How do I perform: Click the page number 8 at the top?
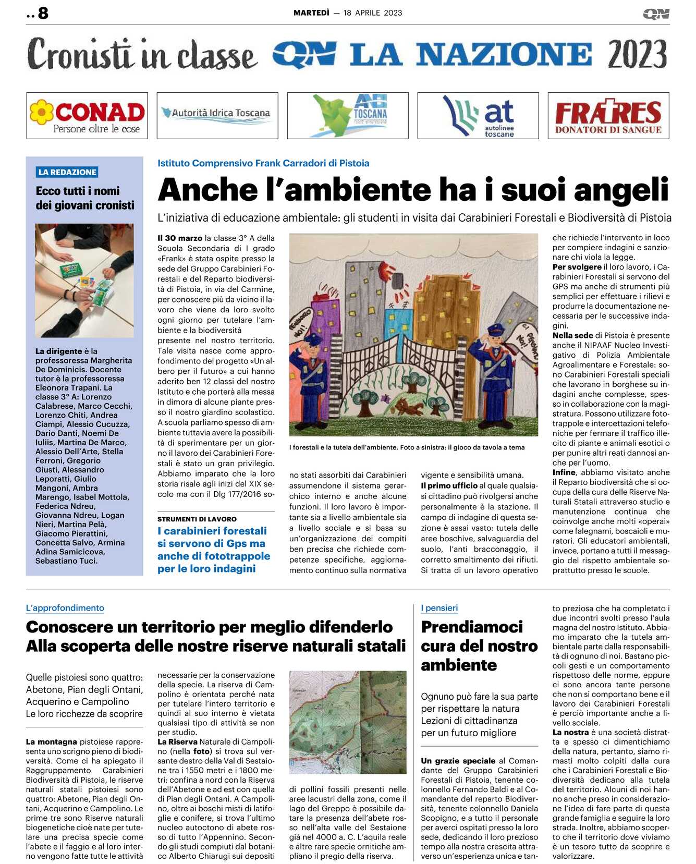pyautogui.click(x=43, y=13)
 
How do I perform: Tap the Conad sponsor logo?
pyautogui.click(x=87, y=116)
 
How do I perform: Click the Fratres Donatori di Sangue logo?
pyautogui.click(x=608, y=116)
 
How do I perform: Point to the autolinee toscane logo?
pyautogui.click(x=478, y=116)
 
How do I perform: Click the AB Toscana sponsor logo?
pyautogui.click(x=348, y=116)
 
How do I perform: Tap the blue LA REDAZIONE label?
pyautogui.click(x=67, y=172)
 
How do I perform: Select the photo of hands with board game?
pyautogui.click(x=84, y=281)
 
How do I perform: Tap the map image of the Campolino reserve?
pyautogui.click(x=347, y=722)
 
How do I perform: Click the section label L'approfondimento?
pyautogui.click(x=65, y=608)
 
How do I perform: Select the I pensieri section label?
pyautogui.click(x=439, y=608)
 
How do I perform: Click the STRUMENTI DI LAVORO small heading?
pyautogui.click(x=197, y=519)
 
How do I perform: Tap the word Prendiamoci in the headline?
pyautogui.click(x=471, y=627)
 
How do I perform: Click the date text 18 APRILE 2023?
pyautogui.click(x=373, y=13)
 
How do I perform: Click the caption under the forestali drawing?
pyautogui.click(x=407, y=447)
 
